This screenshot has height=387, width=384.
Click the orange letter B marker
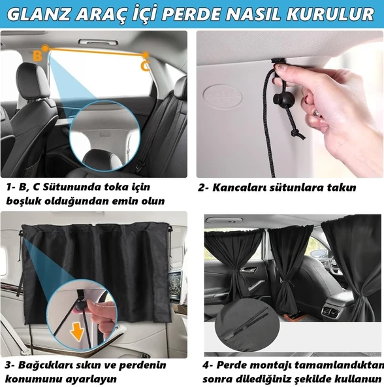[37, 56]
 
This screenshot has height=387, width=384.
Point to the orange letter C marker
[145, 65]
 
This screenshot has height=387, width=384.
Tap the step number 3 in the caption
[8, 365]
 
